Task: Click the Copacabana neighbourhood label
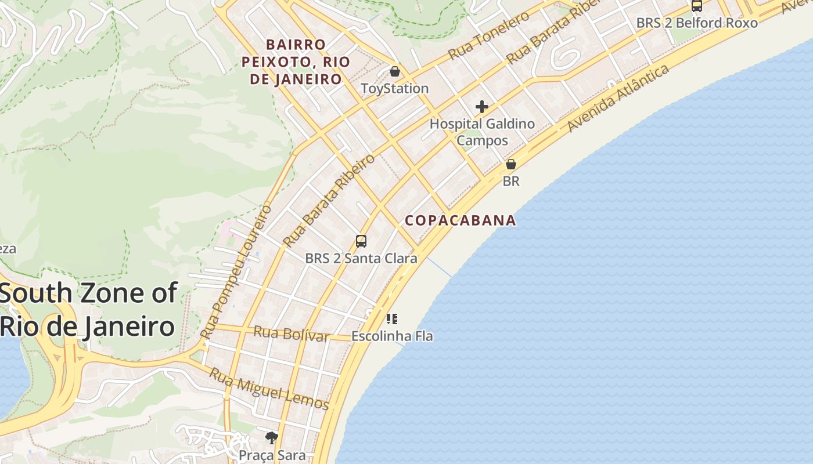(x=460, y=220)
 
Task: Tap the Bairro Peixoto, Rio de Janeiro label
(x=296, y=62)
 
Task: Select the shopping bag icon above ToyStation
(x=395, y=71)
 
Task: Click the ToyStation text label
(x=395, y=89)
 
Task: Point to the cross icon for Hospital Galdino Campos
(x=481, y=107)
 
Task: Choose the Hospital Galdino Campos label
(x=482, y=132)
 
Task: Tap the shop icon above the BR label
(x=511, y=164)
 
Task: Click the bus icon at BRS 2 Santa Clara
(x=361, y=241)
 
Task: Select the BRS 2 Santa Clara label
(x=361, y=258)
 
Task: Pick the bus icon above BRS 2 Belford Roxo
(x=697, y=6)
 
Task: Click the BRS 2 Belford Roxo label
(x=697, y=23)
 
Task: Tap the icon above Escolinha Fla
(x=392, y=318)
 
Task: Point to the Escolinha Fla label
(x=392, y=336)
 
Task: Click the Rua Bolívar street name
(x=292, y=334)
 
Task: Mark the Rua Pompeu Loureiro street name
(x=236, y=271)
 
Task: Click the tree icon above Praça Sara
(x=271, y=437)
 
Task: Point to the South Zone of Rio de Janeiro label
(x=88, y=310)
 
